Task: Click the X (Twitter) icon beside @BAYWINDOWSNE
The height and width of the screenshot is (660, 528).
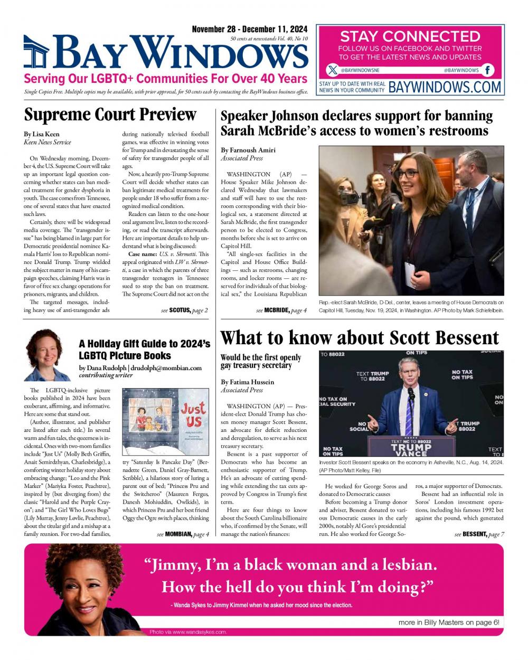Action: point(332,70)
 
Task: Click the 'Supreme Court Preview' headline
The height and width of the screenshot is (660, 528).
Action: point(110,115)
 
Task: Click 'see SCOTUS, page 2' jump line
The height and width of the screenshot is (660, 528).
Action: point(184,310)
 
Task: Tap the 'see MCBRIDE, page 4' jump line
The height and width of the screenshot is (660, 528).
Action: point(281,310)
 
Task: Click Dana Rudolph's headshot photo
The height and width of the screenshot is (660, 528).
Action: point(44,355)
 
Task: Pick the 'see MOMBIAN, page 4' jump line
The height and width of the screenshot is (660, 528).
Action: point(183,534)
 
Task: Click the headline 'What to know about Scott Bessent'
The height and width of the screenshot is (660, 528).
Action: point(360,337)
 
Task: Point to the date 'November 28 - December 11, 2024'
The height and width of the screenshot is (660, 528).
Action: point(249,29)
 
